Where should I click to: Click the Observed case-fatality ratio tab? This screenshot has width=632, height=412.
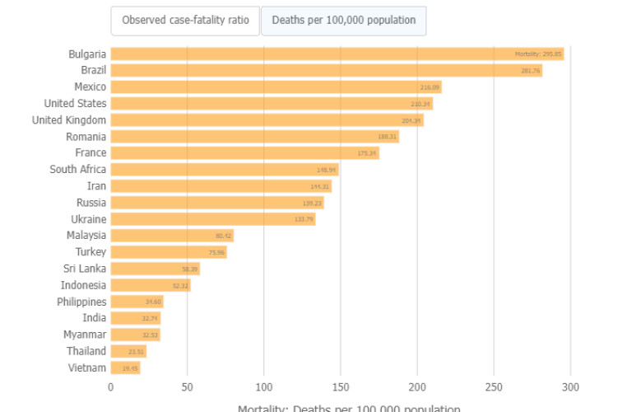[x=185, y=20]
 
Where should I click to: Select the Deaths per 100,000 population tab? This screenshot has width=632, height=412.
[x=343, y=20]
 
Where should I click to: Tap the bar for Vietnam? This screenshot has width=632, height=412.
[x=125, y=368]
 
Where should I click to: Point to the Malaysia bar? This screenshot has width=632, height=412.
[x=172, y=236]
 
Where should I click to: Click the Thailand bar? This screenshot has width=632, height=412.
[x=128, y=351]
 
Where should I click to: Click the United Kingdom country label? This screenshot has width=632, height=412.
[x=69, y=120]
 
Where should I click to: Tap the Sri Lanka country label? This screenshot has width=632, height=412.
[x=85, y=269]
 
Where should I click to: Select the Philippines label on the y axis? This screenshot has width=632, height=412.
[x=81, y=302]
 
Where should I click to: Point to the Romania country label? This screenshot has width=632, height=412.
[x=86, y=137]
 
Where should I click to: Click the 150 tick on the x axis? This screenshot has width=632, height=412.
[x=341, y=387]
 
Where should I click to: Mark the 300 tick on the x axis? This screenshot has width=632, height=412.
[x=570, y=387]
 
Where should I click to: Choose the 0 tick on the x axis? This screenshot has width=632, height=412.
[x=111, y=387]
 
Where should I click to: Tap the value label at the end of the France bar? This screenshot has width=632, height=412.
[x=367, y=153]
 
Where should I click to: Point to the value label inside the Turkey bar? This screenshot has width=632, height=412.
[x=216, y=252]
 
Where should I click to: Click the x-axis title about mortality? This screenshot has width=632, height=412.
[x=349, y=408]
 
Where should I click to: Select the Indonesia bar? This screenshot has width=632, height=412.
[x=151, y=285]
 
